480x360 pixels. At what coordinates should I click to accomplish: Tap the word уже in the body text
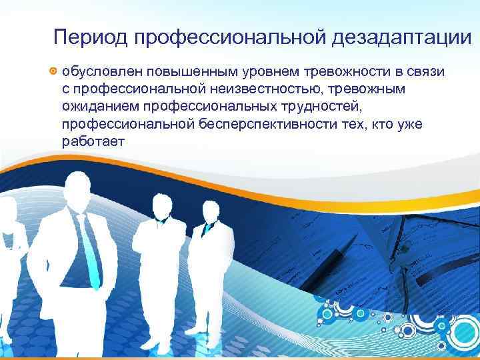tap(407, 125)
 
